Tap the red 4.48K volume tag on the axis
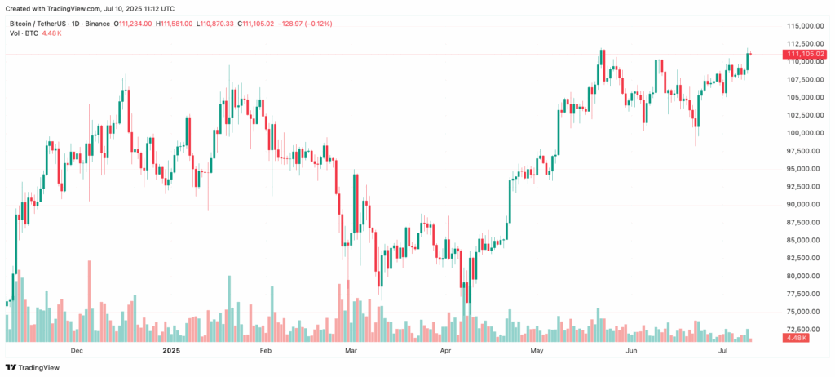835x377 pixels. (x=795, y=338)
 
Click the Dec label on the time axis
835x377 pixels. (x=77, y=351)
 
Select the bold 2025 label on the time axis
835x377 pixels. (x=170, y=351)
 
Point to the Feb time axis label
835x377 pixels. (x=264, y=351)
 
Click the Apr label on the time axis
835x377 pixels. (x=445, y=351)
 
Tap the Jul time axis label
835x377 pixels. (x=723, y=351)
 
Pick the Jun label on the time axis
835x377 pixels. (x=630, y=351)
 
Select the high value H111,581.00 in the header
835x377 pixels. (x=175, y=24)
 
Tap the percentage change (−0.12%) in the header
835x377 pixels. (x=333, y=24)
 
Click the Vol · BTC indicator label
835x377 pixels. (x=21, y=34)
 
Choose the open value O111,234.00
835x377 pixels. (x=134, y=24)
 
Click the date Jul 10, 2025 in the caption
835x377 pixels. (x=117, y=7)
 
